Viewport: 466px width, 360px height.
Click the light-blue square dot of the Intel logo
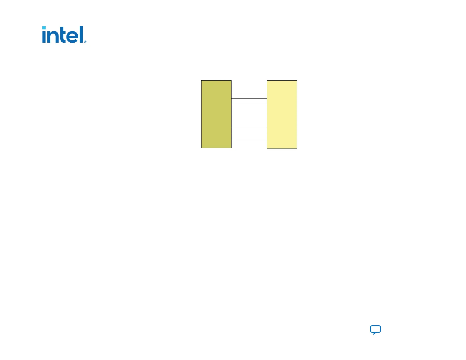44,28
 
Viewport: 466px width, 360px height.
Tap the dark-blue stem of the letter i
44,37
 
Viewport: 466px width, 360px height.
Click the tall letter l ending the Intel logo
81,34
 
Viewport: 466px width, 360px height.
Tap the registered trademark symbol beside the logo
85,42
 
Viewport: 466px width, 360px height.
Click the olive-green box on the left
216,114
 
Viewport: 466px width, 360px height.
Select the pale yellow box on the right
282,114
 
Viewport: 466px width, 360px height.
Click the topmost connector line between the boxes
249,92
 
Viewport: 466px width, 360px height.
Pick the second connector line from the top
249,98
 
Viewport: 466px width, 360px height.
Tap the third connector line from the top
249,104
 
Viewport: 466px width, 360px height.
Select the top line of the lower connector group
249,128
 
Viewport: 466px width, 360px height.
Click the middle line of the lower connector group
249,134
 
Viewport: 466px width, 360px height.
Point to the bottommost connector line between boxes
249,140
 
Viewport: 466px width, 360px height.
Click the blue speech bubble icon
375,329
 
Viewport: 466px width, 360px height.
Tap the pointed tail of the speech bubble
374,334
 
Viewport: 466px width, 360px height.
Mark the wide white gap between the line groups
249,116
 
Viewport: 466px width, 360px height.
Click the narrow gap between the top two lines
249,95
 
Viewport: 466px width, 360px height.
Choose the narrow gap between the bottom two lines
249,137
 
